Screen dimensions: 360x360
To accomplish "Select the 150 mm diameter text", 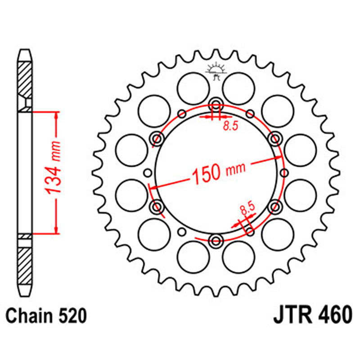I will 219,172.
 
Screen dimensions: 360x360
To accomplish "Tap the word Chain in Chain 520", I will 31,315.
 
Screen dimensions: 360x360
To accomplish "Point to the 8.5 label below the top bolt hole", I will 230,126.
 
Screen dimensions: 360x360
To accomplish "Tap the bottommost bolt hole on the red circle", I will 216,239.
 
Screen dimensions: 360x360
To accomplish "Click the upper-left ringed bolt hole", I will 157,138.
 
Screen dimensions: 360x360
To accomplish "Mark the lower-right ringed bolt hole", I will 274,206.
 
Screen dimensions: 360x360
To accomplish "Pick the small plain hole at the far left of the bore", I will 147,172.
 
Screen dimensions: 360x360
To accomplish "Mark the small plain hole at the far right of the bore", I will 284,172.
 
